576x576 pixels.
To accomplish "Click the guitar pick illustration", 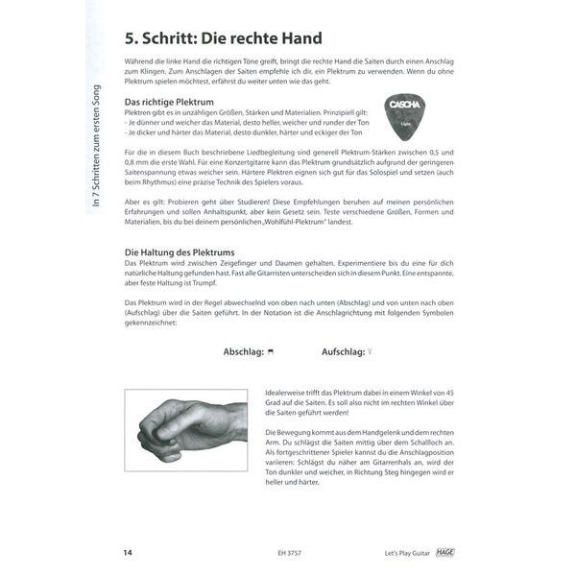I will click(x=406, y=116).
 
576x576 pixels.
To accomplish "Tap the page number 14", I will click(x=129, y=552).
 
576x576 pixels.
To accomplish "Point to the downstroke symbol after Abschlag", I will click(x=273, y=352).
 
